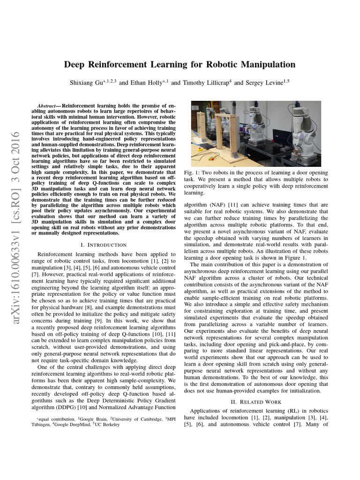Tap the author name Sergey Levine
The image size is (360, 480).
pyautogui.click(x=264, y=83)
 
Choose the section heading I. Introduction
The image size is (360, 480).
pyautogui.click(x=104, y=245)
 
